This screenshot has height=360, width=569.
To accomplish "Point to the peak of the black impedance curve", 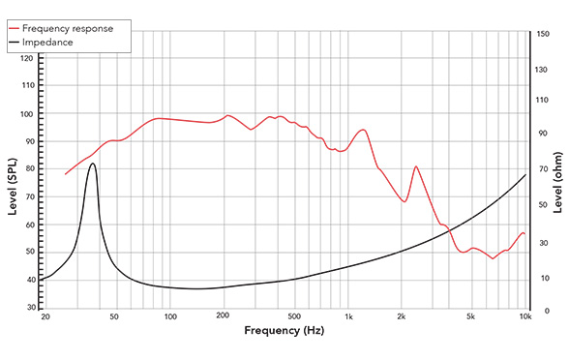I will coord(93,164).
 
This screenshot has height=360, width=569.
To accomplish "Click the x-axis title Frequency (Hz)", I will coord(284,331).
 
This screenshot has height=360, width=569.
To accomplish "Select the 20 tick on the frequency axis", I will coord(45,316).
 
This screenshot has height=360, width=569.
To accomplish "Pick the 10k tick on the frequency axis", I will coord(524,316).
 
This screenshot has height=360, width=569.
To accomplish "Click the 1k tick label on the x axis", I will coord(348,316).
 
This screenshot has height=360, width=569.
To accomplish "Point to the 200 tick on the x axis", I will coord(225,316).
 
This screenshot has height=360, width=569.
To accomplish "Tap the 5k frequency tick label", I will coord(471,316).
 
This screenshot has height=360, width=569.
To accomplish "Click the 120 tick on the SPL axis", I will coord(27,59).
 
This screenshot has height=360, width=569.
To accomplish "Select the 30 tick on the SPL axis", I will coord(28,307).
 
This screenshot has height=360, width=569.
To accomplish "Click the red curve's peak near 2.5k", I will coord(416,166).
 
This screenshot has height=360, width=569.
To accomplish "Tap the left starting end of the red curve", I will coord(66,174).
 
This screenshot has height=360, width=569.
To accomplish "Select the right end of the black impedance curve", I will coord(525,174).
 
